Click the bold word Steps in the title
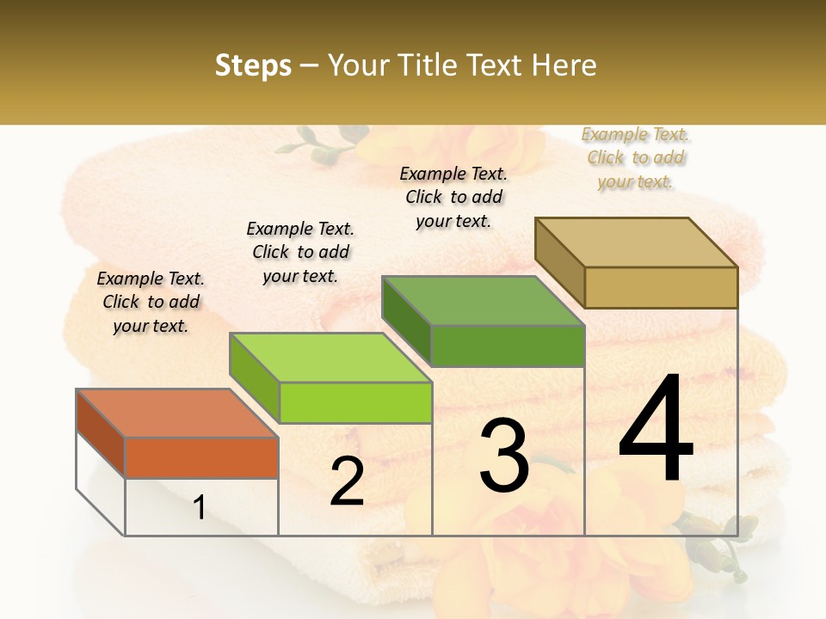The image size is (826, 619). point(253,65)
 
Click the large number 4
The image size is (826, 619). point(656,430)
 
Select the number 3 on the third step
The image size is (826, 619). point(504,457)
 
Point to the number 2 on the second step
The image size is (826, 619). point(347,481)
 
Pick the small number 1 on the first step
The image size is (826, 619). point(199,508)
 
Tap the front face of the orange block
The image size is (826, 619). point(201,457)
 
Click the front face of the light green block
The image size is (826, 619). point(355,402)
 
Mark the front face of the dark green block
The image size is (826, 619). point(508,346)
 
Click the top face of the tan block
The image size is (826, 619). point(637,242)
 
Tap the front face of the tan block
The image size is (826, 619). point(661,287)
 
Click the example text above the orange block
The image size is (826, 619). point(151,303)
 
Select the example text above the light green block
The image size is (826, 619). point(300,253)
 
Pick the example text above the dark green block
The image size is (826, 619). point(453,197)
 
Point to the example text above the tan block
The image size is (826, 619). point(636,158)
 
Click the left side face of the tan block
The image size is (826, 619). point(559,263)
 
